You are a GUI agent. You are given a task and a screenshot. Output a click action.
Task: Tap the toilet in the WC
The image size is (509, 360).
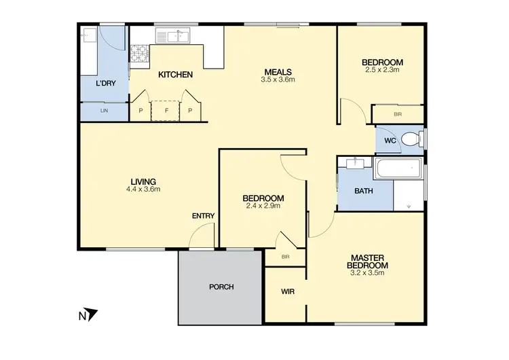[x=410, y=140]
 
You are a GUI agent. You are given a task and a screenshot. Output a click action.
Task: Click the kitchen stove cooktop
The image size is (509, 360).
[x=140, y=54]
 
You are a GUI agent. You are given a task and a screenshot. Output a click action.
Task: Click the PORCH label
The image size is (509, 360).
[x=221, y=287]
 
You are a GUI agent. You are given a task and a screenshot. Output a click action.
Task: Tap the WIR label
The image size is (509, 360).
[x=287, y=291]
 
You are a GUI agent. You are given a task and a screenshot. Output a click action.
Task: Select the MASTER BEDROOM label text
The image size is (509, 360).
[x=368, y=262]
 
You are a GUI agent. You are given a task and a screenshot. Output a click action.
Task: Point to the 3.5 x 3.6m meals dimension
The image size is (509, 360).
[x=278, y=80]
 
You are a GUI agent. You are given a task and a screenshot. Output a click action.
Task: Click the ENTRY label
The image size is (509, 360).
[x=203, y=216]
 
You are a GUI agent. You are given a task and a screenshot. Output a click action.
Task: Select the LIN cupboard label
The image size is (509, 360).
[x=104, y=110]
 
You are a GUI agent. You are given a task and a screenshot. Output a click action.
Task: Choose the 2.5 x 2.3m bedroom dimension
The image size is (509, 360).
[x=382, y=69]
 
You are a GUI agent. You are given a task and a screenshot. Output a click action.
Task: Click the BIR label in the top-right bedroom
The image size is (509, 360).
[x=397, y=114]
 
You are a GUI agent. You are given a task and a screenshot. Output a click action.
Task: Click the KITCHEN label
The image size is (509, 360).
[x=176, y=75]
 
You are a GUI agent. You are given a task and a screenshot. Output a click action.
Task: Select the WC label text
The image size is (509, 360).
[x=390, y=141]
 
